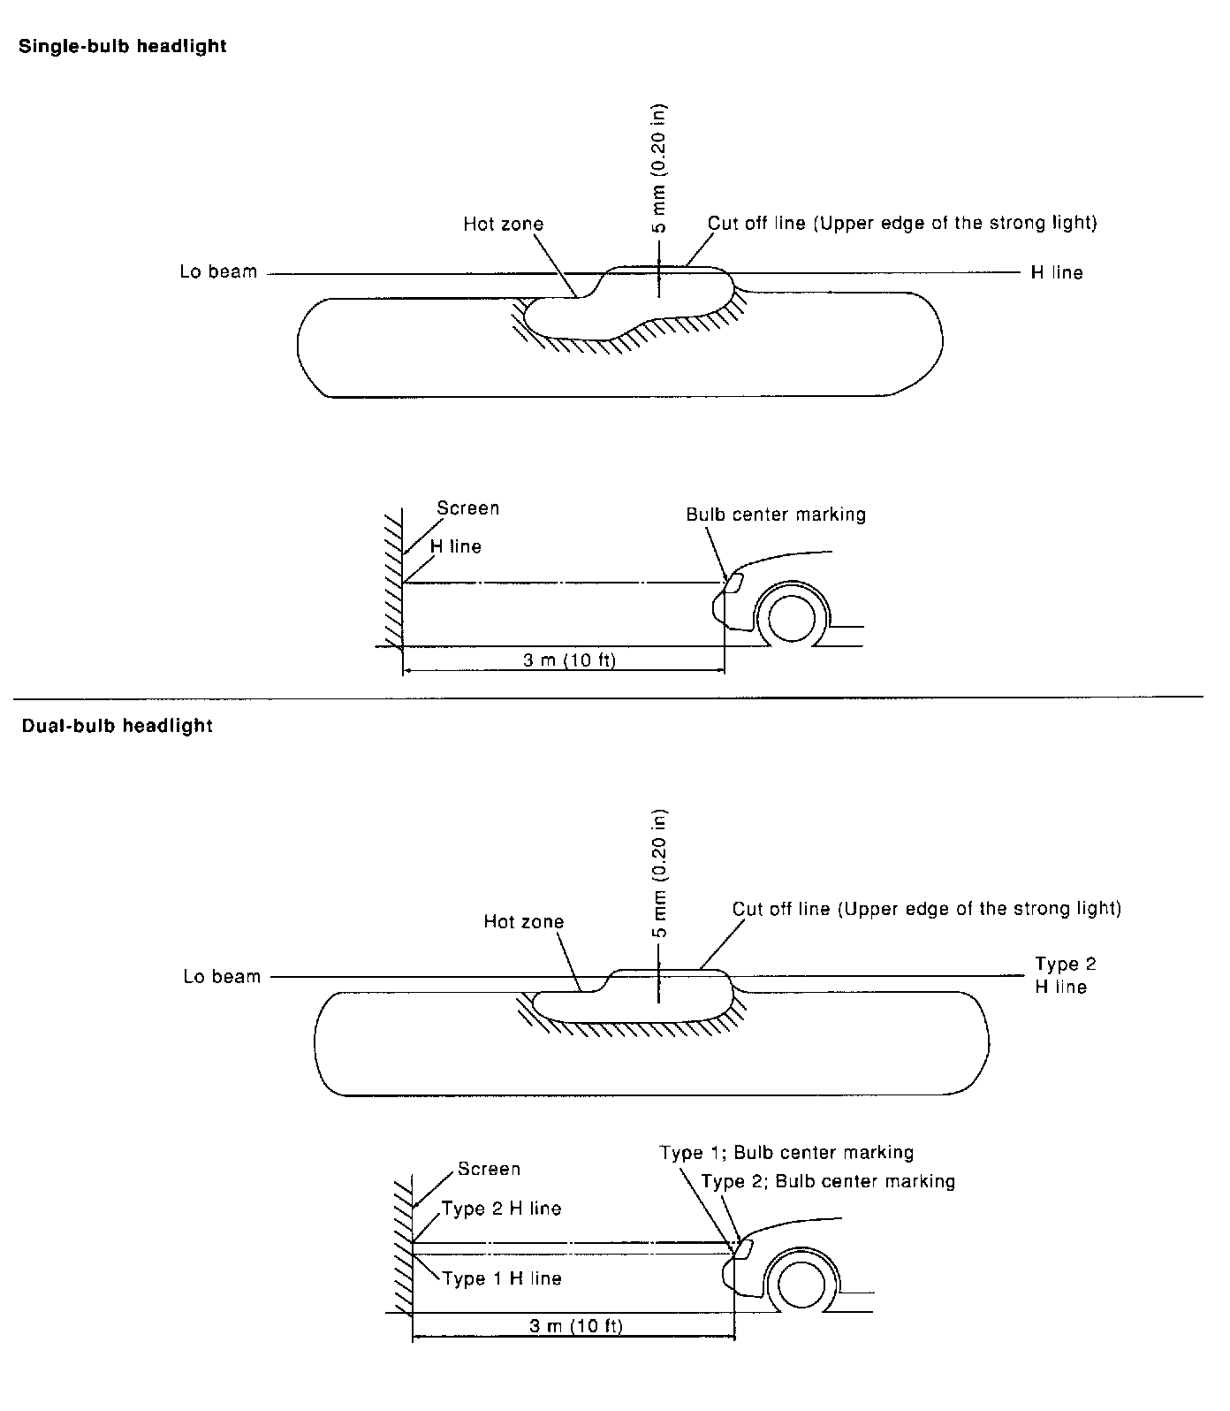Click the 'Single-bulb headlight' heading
pyautogui.click(x=123, y=47)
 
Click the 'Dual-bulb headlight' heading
pyautogui.click(x=116, y=726)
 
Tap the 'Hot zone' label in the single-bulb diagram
pyautogui.click(x=503, y=224)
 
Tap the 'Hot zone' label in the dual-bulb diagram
pyautogui.click(x=523, y=921)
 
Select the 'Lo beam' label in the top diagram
pyautogui.click(x=218, y=271)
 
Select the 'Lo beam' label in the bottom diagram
pyautogui.click(x=222, y=976)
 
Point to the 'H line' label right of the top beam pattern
pyautogui.click(x=1056, y=272)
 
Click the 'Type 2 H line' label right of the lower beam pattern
pyautogui.click(x=1065, y=975)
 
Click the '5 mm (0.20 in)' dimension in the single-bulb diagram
pyautogui.click(x=659, y=168)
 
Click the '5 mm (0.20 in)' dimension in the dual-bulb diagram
pyautogui.click(x=659, y=873)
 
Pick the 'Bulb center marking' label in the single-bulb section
pyautogui.click(x=776, y=515)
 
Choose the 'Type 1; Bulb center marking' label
pyautogui.click(x=786, y=1152)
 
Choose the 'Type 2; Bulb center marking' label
pyautogui.click(x=828, y=1181)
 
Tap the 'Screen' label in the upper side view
pyautogui.click(x=467, y=508)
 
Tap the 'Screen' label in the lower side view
pyautogui.click(x=489, y=1169)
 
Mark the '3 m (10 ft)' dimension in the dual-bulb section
pyautogui.click(x=575, y=1325)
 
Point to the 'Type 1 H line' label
pyautogui.click(x=502, y=1278)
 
